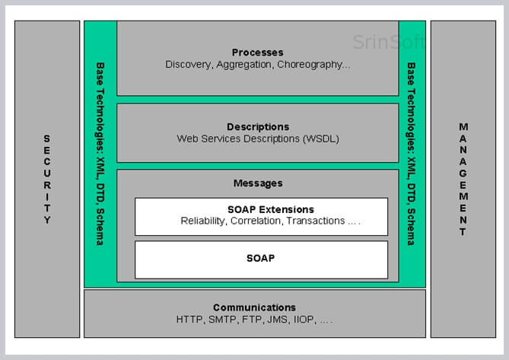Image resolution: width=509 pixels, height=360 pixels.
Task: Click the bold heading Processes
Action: coord(257,53)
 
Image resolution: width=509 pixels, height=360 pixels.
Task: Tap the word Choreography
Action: coord(310,65)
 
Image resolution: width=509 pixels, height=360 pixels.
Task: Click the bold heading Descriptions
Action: coord(258,126)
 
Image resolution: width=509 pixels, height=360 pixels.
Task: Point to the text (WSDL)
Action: coord(321,139)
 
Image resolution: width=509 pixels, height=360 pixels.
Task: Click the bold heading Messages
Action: coord(258,183)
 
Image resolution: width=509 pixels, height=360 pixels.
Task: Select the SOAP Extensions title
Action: coord(271,209)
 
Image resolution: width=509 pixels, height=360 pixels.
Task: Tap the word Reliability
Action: coord(202,221)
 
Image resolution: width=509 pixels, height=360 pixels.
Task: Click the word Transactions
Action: coord(316,221)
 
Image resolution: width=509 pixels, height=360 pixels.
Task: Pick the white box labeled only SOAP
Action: coord(261,260)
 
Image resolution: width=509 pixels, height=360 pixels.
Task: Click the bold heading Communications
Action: coord(254,307)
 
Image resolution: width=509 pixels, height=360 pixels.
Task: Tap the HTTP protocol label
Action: coord(189,320)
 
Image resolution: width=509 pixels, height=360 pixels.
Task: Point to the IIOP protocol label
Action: coord(304,320)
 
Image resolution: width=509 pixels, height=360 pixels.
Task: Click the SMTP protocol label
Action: coord(222,320)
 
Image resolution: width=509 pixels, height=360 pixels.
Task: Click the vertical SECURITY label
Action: coord(47,179)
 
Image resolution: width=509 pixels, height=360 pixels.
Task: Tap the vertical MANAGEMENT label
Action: coord(463,179)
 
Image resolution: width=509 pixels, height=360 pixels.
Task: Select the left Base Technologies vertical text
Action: coord(100,154)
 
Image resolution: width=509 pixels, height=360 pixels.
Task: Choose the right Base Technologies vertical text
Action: coord(411,154)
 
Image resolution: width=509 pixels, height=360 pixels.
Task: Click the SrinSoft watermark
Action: coord(389,42)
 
